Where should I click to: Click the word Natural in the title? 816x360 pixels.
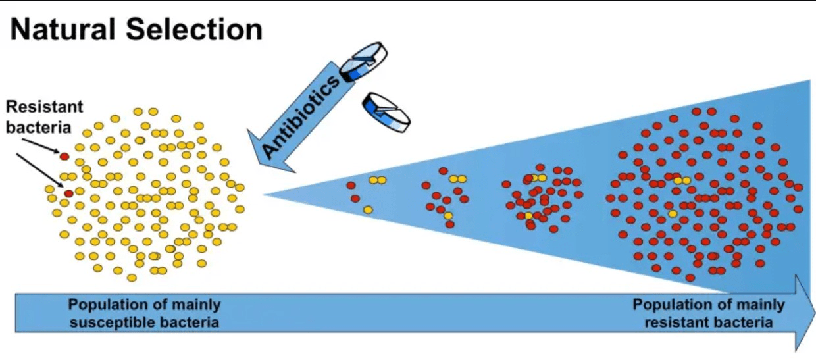(63, 30)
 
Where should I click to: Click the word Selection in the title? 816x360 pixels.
(194, 30)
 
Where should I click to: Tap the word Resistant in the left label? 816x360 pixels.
(45, 107)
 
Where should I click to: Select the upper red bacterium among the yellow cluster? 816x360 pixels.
(64, 157)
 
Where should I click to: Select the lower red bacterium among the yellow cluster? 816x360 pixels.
(68, 193)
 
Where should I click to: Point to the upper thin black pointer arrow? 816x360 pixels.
(43, 145)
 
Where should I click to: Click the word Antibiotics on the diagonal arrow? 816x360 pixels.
(301, 117)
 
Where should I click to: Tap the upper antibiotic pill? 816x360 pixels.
(363, 62)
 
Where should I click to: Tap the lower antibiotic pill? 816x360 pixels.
(386, 113)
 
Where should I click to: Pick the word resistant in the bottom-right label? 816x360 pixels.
(678, 322)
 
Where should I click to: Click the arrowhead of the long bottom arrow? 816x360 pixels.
(803, 313)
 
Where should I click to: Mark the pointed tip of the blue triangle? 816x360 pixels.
(264, 194)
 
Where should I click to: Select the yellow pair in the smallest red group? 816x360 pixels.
(378, 180)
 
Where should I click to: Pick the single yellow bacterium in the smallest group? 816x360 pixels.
(368, 210)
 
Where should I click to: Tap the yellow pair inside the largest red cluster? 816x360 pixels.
(682, 180)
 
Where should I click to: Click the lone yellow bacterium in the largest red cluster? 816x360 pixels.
(673, 213)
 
